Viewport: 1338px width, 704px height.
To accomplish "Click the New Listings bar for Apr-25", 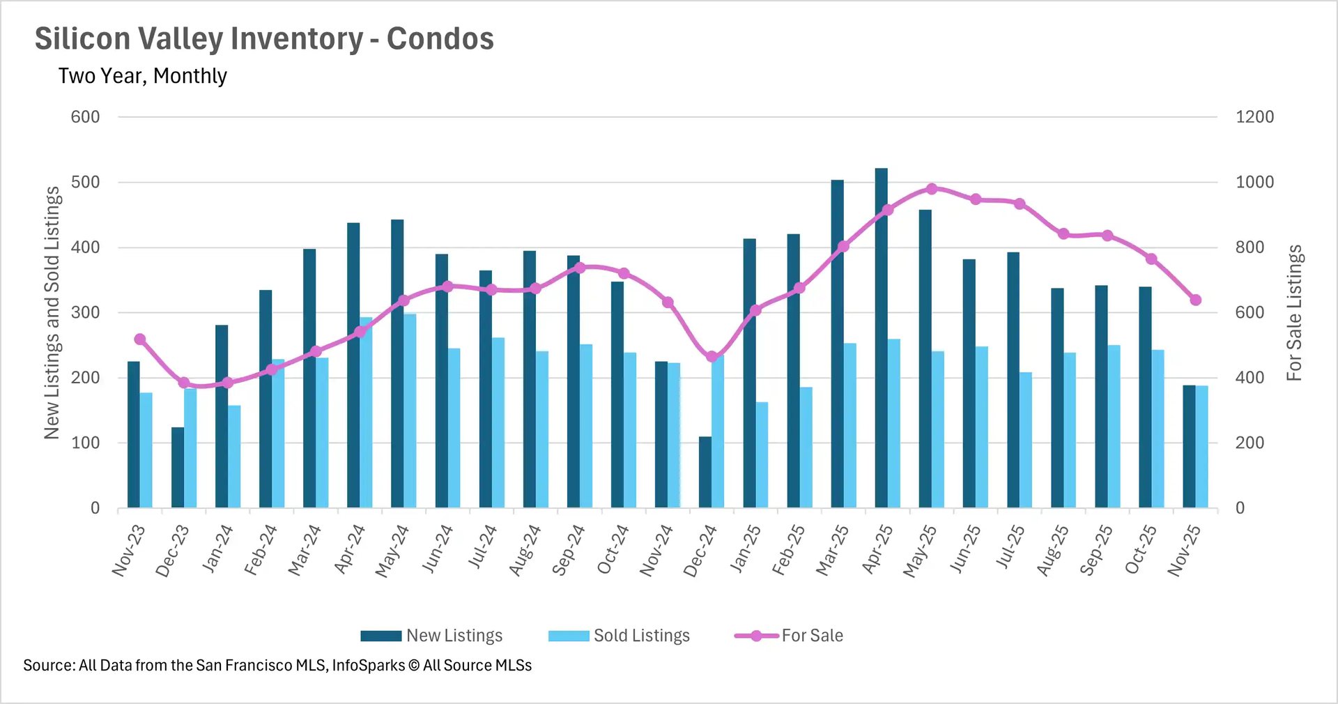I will tap(881, 338).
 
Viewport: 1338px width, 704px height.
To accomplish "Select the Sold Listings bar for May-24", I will tap(410, 411).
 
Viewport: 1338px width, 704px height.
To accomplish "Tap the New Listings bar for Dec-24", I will tap(705, 473).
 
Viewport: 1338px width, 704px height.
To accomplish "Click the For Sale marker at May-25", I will tap(932, 189).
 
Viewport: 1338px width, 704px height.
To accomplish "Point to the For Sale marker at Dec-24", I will tap(712, 356).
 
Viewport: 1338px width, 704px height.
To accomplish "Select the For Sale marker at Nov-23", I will tap(139, 339).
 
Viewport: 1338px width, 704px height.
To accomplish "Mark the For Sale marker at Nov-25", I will tap(1196, 300).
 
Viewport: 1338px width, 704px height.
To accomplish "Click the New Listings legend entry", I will tap(432, 636).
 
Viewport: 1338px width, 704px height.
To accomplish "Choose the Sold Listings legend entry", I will tap(620, 636).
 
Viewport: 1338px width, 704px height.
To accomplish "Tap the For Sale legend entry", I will tap(790, 636).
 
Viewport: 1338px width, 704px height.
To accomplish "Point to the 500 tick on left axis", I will tap(85, 182).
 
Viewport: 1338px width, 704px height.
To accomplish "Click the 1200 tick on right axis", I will tap(1254, 117).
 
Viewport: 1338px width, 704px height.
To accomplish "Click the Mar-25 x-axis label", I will tap(833, 551).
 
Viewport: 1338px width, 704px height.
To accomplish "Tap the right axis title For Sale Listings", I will tap(1294, 313).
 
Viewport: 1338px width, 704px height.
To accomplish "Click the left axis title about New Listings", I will tap(52, 313).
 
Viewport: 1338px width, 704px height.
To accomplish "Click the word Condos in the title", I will tap(440, 39).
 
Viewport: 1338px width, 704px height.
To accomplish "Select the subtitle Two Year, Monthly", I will tap(143, 75).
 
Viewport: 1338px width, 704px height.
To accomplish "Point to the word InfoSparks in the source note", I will tap(368, 665).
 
